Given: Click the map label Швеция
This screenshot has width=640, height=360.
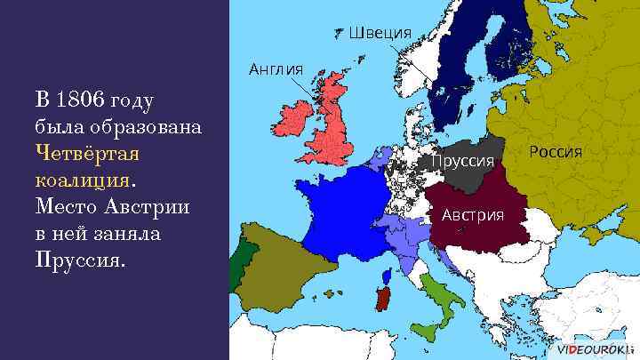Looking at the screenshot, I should tap(380, 33).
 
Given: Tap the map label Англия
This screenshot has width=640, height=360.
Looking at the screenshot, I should tap(276, 68).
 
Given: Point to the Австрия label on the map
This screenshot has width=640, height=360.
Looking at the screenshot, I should tap(473, 215).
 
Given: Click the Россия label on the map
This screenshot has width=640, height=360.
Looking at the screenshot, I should tap(556, 151).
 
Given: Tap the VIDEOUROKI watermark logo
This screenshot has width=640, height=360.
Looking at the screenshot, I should tap(596, 349).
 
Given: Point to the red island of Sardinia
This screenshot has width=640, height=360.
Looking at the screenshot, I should tap(383, 299).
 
